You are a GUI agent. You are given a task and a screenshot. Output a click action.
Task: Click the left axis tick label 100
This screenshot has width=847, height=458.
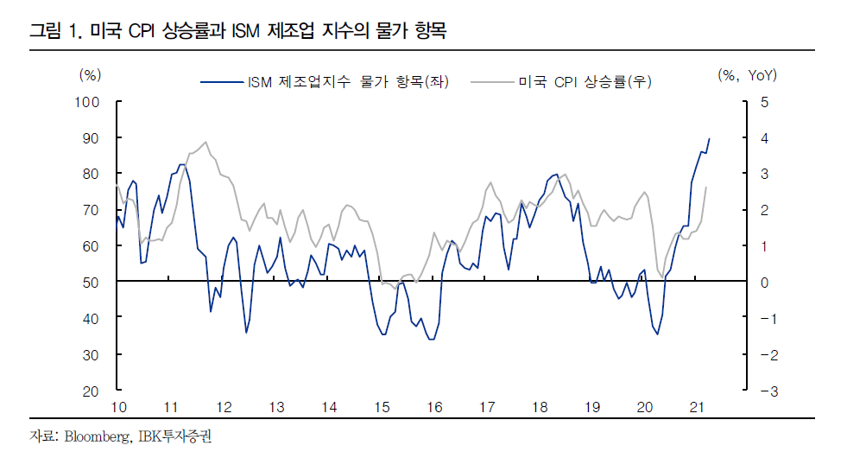(90, 102)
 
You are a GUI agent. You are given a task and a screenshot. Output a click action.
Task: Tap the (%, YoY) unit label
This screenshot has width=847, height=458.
(747, 75)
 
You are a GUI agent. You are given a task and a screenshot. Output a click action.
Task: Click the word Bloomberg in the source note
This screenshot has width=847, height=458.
(94, 436)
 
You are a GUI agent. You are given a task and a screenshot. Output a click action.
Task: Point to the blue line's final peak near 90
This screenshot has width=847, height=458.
(709, 138)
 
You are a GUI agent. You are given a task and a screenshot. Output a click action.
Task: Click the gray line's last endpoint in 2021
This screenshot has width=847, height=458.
(706, 188)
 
